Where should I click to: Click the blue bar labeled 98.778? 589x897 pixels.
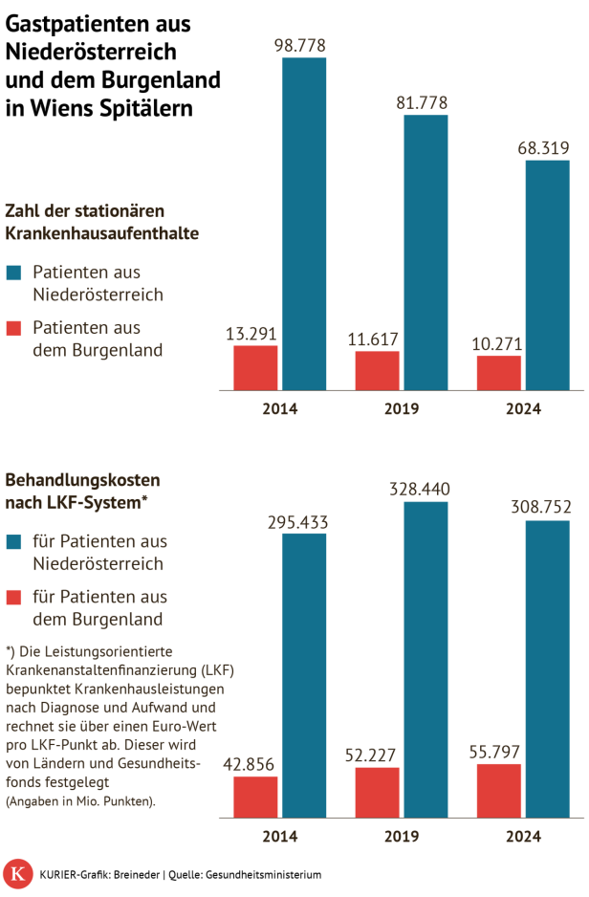[303, 224]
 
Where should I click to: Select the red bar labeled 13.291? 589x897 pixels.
[255, 368]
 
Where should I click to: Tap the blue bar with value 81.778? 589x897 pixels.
[425, 252]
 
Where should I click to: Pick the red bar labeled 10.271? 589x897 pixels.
[499, 373]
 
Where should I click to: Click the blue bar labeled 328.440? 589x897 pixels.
[425, 660]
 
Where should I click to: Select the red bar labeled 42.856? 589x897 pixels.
[255, 798]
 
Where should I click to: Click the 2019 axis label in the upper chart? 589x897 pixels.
[402, 408]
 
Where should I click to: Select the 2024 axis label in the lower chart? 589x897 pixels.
[523, 836]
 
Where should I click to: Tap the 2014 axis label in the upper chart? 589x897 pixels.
[279, 408]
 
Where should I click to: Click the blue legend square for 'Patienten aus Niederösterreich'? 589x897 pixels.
[14, 273]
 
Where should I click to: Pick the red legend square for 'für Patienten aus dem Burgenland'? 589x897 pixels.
[14, 598]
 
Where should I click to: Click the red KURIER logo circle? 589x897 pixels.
[17, 874]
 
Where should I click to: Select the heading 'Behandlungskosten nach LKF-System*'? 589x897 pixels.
[83, 491]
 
